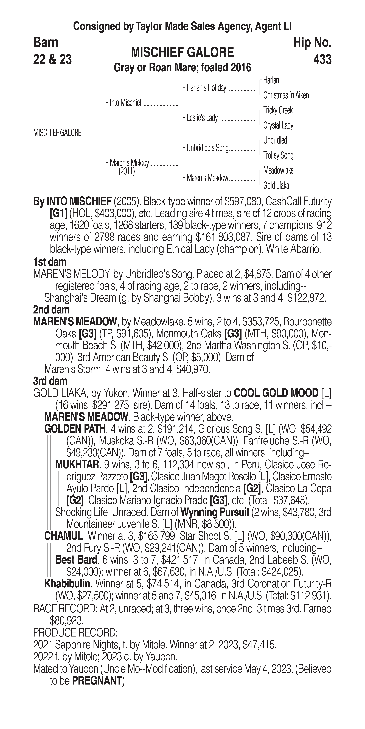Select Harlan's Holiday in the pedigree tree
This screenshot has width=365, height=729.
tap(206, 88)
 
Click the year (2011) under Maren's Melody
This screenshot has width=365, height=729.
tap(127, 172)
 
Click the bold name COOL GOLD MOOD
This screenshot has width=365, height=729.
tap(276, 393)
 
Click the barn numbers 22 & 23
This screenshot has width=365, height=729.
tap(52, 60)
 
